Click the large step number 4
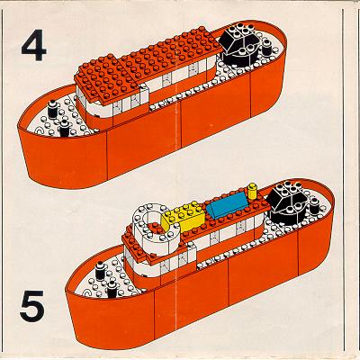(x=34, y=47)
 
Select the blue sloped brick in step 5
(x=229, y=204)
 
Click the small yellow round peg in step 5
(x=253, y=192)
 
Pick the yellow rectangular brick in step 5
(x=183, y=217)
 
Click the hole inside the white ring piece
(x=152, y=219)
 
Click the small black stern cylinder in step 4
(x=266, y=47)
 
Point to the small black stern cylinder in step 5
(x=314, y=204)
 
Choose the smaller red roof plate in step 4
(x=107, y=78)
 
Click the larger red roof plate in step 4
(x=171, y=53)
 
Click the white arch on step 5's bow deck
(x=88, y=292)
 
